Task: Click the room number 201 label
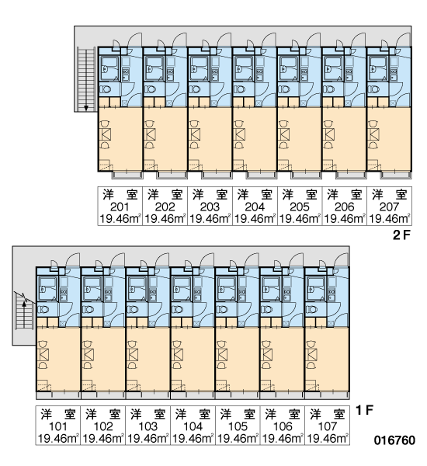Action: click(120, 207)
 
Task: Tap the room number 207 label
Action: click(389, 207)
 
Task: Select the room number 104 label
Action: click(193, 426)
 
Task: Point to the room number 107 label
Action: click(327, 426)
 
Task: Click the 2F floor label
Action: click(401, 235)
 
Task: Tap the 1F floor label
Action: click(364, 410)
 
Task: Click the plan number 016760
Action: click(394, 440)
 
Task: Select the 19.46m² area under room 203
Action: click(210, 219)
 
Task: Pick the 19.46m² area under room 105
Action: click(238, 439)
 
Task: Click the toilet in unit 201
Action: click(105, 89)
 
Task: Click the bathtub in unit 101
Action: click(47, 289)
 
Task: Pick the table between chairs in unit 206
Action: click(329, 134)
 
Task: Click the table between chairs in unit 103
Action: click(133, 354)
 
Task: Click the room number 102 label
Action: click(103, 426)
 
